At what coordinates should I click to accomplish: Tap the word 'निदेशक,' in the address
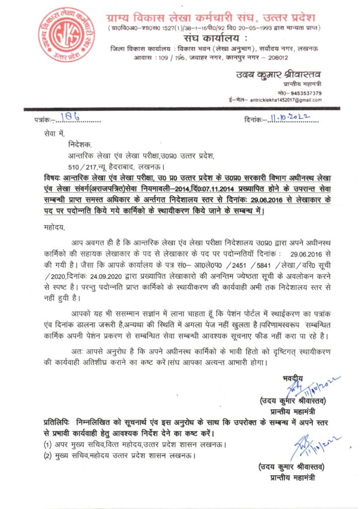click(x=81, y=145)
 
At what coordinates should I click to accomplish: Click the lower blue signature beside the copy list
click(x=311, y=444)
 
